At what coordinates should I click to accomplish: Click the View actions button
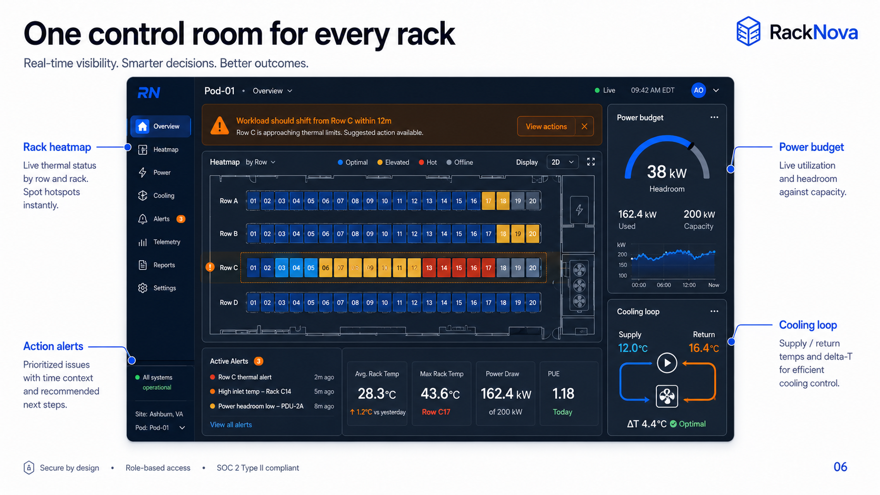coord(546,126)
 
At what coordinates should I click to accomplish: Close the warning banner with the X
coord(584,126)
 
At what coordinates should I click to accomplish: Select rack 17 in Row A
coord(488,201)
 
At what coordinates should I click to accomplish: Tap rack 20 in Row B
coord(532,234)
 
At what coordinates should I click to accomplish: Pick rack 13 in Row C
coord(429,268)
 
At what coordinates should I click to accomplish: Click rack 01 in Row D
coord(253,302)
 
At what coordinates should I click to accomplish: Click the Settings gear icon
coord(143,288)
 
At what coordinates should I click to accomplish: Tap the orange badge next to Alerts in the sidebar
coord(181,219)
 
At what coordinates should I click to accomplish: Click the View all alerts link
coord(231,425)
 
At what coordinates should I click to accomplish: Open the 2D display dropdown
coord(562,162)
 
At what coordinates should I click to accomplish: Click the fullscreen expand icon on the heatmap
coord(591,161)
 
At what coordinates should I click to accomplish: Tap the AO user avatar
coord(698,90)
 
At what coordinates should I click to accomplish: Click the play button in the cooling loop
coord(667,363)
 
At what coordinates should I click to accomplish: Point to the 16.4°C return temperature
coord(704,348)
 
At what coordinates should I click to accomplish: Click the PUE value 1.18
coord(563,393)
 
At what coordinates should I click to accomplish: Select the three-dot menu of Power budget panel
coord(714,117)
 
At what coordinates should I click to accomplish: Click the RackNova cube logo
coord(748,31)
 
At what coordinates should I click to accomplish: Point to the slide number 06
coord(841,467)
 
